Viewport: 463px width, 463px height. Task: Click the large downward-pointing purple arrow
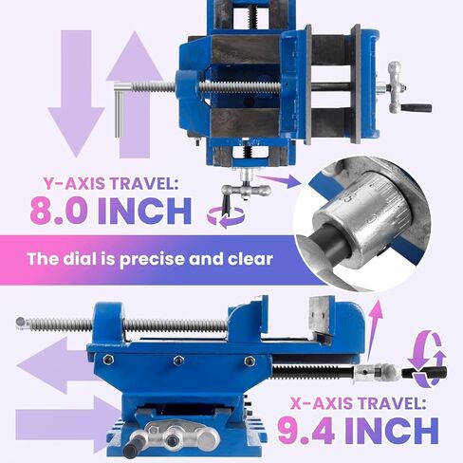pos(76,95)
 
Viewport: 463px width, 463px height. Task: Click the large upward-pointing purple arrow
pos(135,95)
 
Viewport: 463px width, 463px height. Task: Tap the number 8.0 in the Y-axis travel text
pos(59,211)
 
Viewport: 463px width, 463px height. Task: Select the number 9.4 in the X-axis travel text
pos(306,430)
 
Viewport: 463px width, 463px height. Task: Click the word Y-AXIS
pos(74,183)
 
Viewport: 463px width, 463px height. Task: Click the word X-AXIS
pos(322,403)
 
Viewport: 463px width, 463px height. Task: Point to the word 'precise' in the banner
pos(151,259)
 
